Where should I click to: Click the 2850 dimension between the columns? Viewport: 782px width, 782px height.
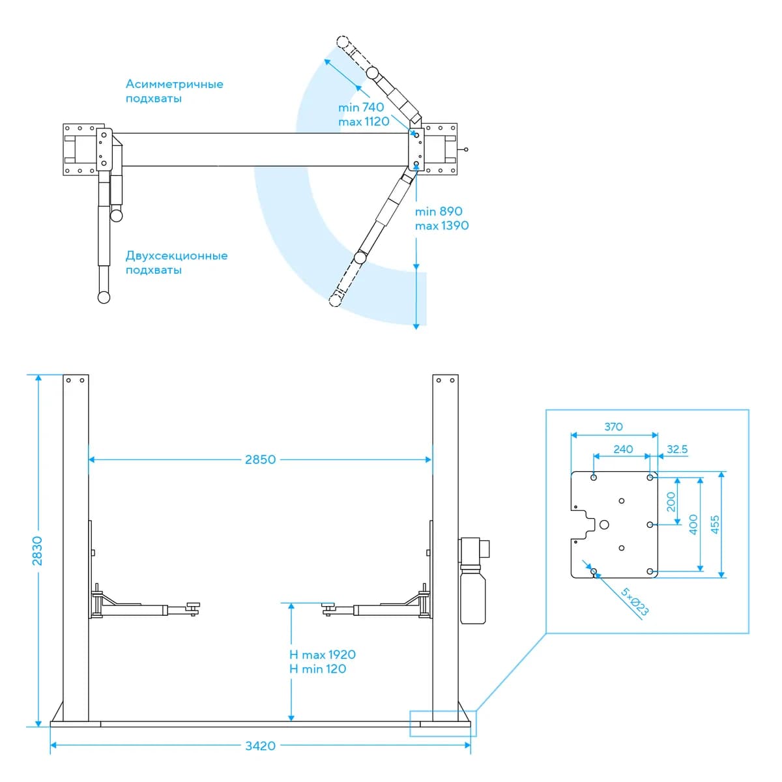click(x=260, y=459)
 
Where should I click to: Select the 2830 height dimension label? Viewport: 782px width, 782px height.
click(x=37, y=551)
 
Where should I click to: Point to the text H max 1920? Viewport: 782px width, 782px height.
click(x=322, y=654)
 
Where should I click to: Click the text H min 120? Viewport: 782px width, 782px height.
click(x=317, y=669)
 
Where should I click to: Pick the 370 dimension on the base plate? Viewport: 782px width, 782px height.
click(x=613, y=426)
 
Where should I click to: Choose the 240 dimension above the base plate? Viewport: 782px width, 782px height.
click(x=623, y=449)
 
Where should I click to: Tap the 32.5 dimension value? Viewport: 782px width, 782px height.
click(x=677, y=449)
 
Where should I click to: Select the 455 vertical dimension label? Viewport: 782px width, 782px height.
click(x=715, y=525)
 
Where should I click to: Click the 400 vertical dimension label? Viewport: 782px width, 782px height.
click(x=693, y=525)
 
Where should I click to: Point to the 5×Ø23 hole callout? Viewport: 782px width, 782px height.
click(x=634, y=601)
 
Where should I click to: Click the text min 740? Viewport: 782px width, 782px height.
click(x=361, y=107)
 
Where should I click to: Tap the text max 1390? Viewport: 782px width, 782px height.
click(x=442, y=225)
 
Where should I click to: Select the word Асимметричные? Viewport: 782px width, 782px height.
click(x=175, y=84)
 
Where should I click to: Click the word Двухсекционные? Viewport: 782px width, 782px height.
click(x=177, y=255)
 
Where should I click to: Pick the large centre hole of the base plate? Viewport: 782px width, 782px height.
click(x=604, y=525)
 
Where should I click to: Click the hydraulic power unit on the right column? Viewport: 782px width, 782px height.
click(x=474, y=581)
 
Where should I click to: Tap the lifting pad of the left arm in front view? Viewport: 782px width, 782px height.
click(x=193, y=605)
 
